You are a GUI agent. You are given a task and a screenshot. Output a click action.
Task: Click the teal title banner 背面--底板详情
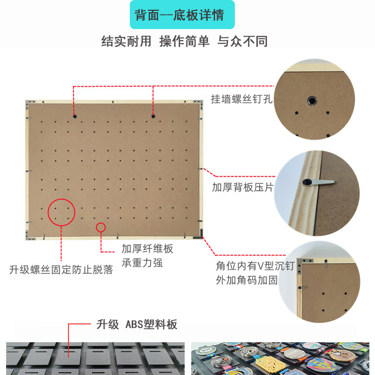click(x=182, y=15)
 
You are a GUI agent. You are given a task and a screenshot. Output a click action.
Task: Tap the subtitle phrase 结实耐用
click(x=126, y=41)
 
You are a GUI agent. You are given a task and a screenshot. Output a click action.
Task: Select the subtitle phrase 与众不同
click(x=242, y=41)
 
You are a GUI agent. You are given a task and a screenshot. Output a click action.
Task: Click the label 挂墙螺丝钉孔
click(x=241, y=99)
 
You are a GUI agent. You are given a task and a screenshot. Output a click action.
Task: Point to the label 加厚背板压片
click(x=243, y=187)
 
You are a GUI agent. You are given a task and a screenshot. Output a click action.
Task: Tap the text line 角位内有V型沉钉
click(x=255, y=266)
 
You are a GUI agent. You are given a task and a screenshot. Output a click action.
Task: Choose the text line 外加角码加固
click(x=247, y=280)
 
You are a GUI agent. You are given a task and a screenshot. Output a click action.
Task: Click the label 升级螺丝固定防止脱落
click(x=61, y=270)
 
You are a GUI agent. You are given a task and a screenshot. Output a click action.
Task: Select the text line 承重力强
click(x=142, y=263)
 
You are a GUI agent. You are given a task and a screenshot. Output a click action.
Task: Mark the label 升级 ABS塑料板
click(x=137, y=324)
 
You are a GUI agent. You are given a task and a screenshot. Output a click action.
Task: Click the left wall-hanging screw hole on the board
click(x=75, y=116)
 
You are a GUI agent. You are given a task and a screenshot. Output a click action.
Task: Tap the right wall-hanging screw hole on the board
click(x=153, y=116)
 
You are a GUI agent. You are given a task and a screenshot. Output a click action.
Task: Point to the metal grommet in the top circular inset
click(x=312, y=101)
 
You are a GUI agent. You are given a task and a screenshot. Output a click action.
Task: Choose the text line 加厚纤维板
click(x=147, y=249)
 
